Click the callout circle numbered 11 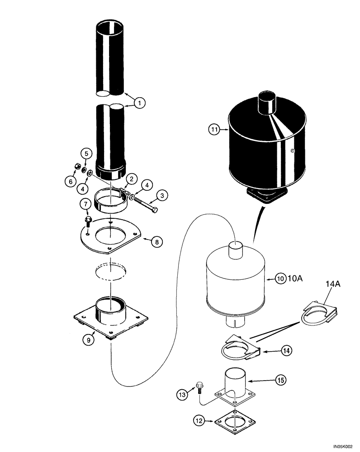(214, 130)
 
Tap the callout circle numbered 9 (89, 339)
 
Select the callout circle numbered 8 (156, 242)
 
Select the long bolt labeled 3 (145, 204)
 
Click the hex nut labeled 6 (77, 166)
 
